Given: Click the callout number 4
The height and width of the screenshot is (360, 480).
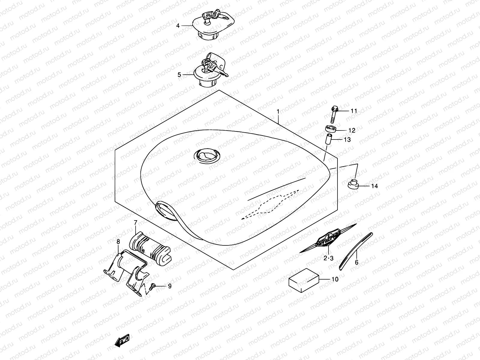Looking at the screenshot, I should pyautogui.click(x=178, y=26).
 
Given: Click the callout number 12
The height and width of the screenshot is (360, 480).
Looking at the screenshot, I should pyautogui.click(x=352, y=130).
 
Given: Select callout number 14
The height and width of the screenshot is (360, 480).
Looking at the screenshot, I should pyautogui.click(x=374, y=186).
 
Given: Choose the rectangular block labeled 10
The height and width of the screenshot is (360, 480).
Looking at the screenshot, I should pyautogui.click(x=304, y=281).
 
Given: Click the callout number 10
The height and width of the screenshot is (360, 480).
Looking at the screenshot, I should pyautogui.click(x=335, y=279).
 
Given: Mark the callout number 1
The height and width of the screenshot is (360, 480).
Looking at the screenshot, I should pyautogui.click(x=278, y=112).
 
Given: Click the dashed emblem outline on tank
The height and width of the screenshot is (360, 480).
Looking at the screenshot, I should pyautogui.click(x=270, y=204).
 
